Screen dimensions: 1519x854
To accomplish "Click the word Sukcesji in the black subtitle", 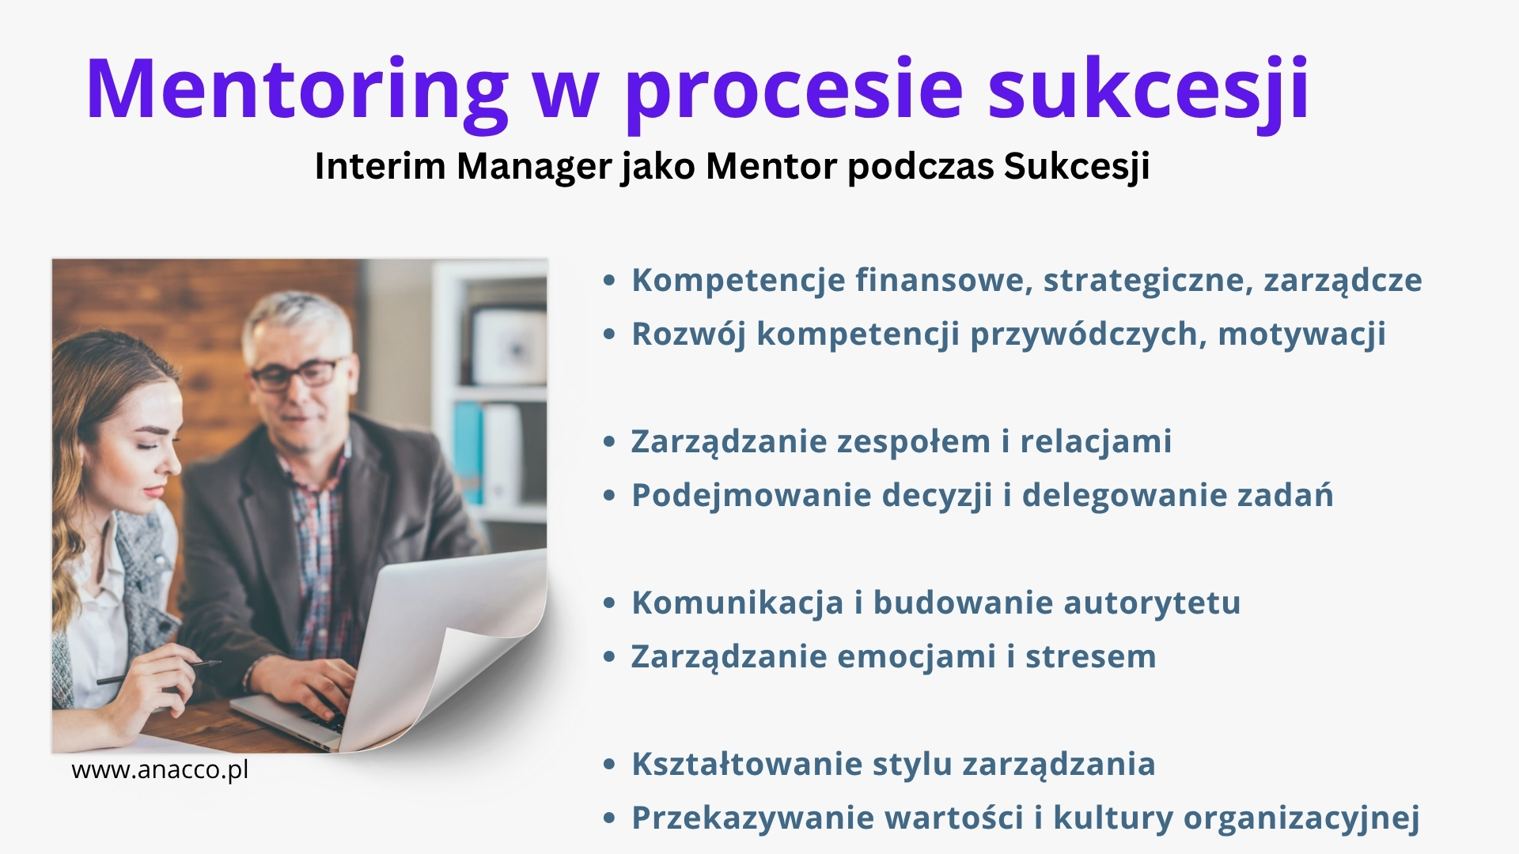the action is click(x=1077, y=167).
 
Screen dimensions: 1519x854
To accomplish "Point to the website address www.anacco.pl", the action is click(x=160, y=769).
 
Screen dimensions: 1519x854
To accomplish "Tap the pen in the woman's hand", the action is click(x=158, y=672).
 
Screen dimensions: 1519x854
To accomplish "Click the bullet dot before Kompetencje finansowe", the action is click(x=608, y=280).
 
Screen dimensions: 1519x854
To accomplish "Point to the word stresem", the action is click(x=1090, y=657).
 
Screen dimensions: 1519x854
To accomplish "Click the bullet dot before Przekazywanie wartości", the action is click(x=608, y=818).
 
